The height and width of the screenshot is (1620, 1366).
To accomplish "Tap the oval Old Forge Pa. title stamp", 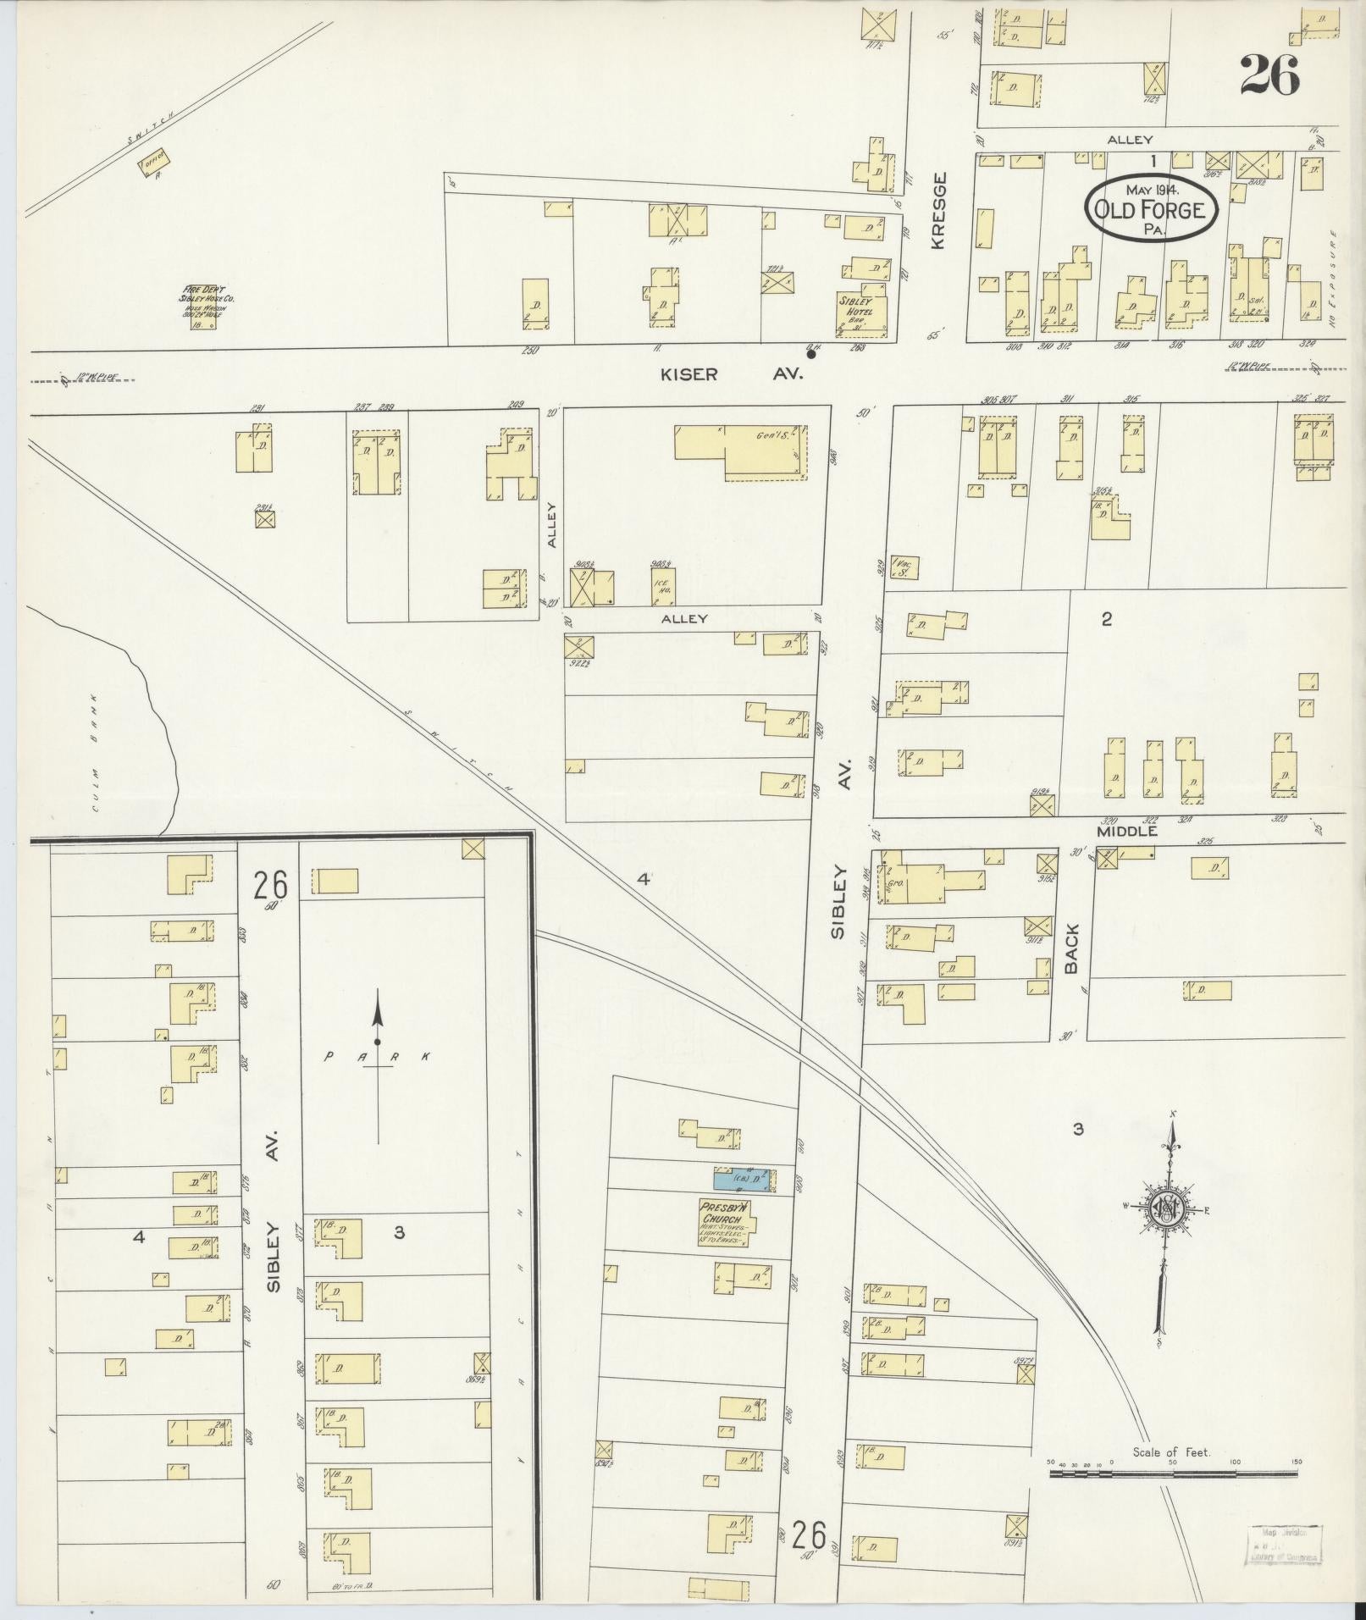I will click(x=1152, y=207).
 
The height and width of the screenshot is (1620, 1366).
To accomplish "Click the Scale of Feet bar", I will click(x=1173, y=1474).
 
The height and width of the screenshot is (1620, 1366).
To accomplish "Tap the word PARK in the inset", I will click(x=379, y=1056).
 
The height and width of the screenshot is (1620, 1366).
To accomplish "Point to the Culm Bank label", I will click(x=96, y=751).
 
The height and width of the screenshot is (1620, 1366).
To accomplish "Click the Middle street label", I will click(x=1126, y=832).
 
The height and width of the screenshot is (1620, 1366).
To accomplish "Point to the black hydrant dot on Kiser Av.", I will click(x=811, y=355).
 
